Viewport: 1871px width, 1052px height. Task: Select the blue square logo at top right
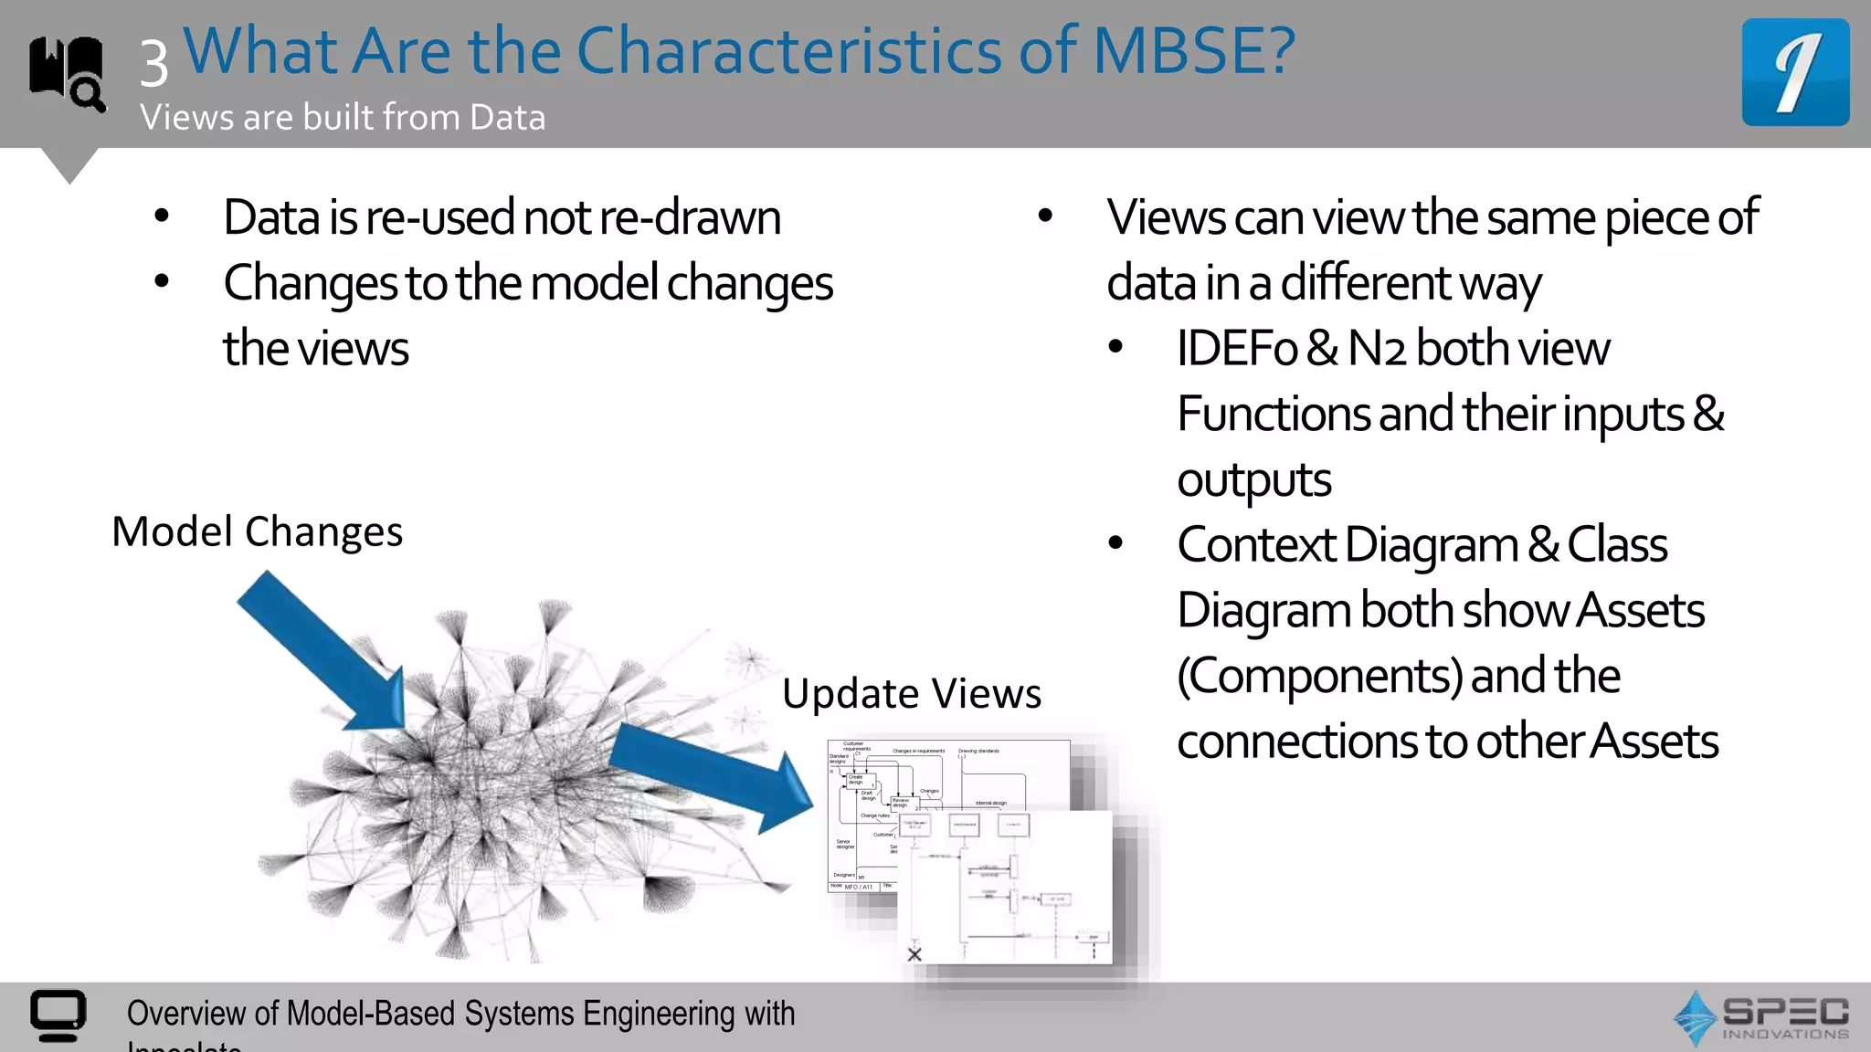1794,72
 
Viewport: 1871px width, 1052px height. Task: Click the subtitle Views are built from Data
343,118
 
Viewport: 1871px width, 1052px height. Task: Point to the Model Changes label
257,531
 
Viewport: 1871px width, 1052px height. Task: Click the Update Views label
911,694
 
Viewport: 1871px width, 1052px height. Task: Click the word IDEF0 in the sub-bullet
1236,349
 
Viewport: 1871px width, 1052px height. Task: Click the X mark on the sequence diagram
914,954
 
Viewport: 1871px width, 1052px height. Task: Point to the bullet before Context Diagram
1115,543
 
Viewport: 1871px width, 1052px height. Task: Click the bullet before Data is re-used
162,216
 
